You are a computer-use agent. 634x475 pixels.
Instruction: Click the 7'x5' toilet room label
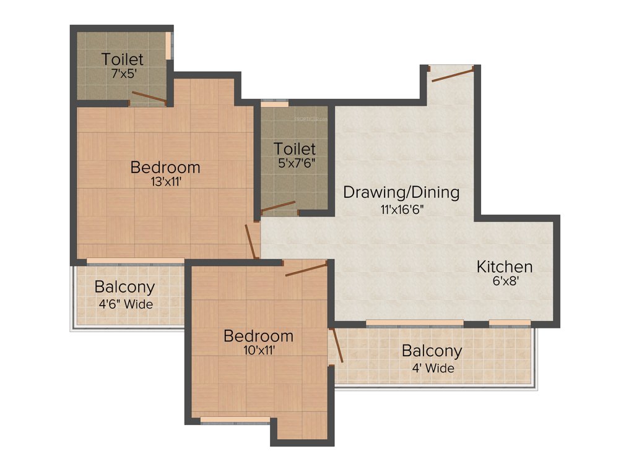[123, 60]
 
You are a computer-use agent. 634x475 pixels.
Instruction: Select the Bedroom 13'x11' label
[165, 168]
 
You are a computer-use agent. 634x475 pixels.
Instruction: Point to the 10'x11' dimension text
[258, 350]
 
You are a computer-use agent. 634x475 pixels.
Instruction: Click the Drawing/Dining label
[401, 192]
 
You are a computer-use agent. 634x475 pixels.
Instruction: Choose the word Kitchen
[504, 267]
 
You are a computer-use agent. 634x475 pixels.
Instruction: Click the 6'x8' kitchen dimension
[504, 280]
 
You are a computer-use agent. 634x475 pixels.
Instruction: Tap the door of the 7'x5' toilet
[149, 97]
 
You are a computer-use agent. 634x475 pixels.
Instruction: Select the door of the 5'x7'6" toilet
[278, 207]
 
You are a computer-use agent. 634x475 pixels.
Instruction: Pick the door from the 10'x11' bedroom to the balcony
[337, 345]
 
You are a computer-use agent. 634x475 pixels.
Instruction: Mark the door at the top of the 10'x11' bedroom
[306, 269]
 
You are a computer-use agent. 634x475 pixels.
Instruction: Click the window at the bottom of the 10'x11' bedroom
[235, 421]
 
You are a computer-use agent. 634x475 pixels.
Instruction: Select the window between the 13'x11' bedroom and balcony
[135, 261]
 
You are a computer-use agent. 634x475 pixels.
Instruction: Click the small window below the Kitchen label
[510, 322]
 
